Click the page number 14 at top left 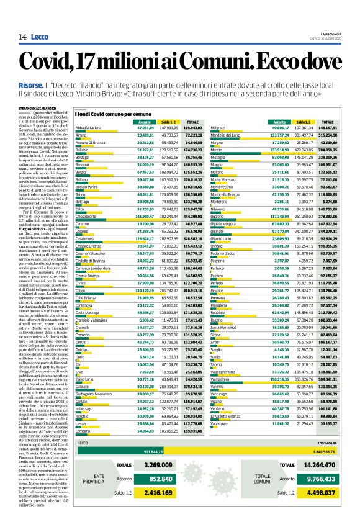point(22,38)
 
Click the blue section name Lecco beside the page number point(40,38)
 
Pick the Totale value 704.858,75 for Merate point(335,150)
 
